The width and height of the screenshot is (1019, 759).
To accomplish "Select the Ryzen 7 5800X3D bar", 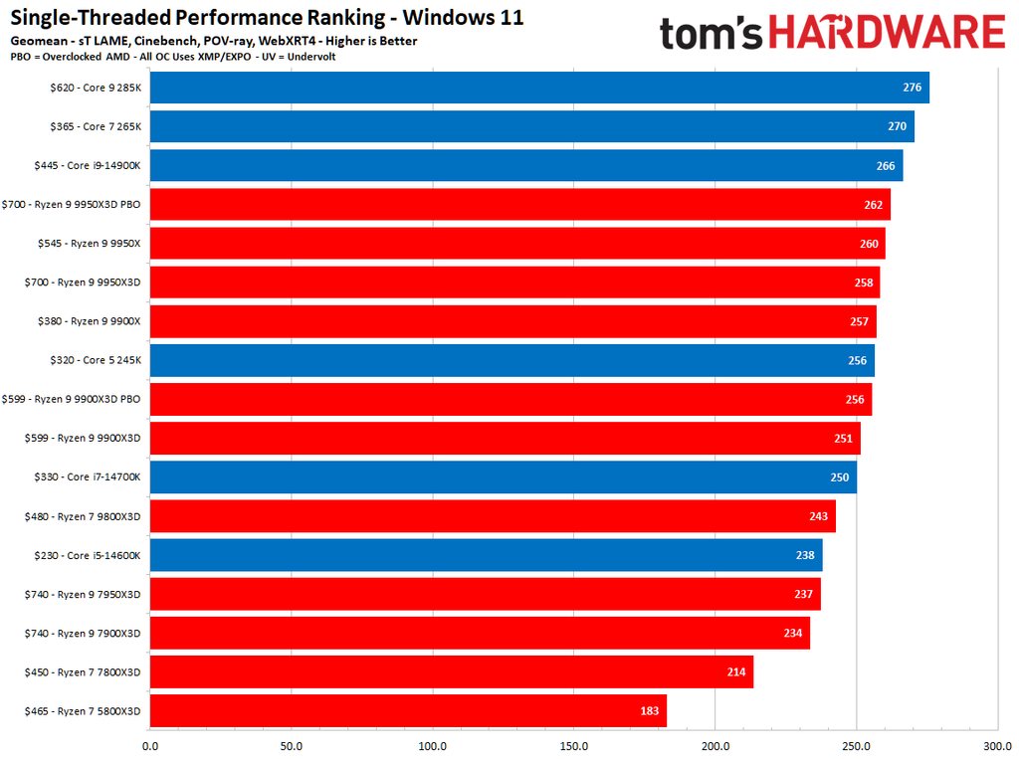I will click(408, 711).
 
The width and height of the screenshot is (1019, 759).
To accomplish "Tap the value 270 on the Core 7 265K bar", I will click(897, 126).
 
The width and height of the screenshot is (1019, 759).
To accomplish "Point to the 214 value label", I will click(736, 672).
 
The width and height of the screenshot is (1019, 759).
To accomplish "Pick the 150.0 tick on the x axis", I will click(574, 745).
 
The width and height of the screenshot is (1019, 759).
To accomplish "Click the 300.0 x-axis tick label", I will click(998, 745).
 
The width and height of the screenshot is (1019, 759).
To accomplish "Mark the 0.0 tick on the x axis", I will click(150, 745).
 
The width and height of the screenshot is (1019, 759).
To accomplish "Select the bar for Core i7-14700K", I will click(503, 477).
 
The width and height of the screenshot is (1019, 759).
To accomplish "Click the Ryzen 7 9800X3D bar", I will click(493, 516).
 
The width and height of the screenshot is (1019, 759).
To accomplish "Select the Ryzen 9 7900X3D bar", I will click(480, 633).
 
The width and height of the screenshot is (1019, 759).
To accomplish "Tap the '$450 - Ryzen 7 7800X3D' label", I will click(83, 672).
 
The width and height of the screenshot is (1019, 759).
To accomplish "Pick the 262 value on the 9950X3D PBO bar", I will click(874, 204).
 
